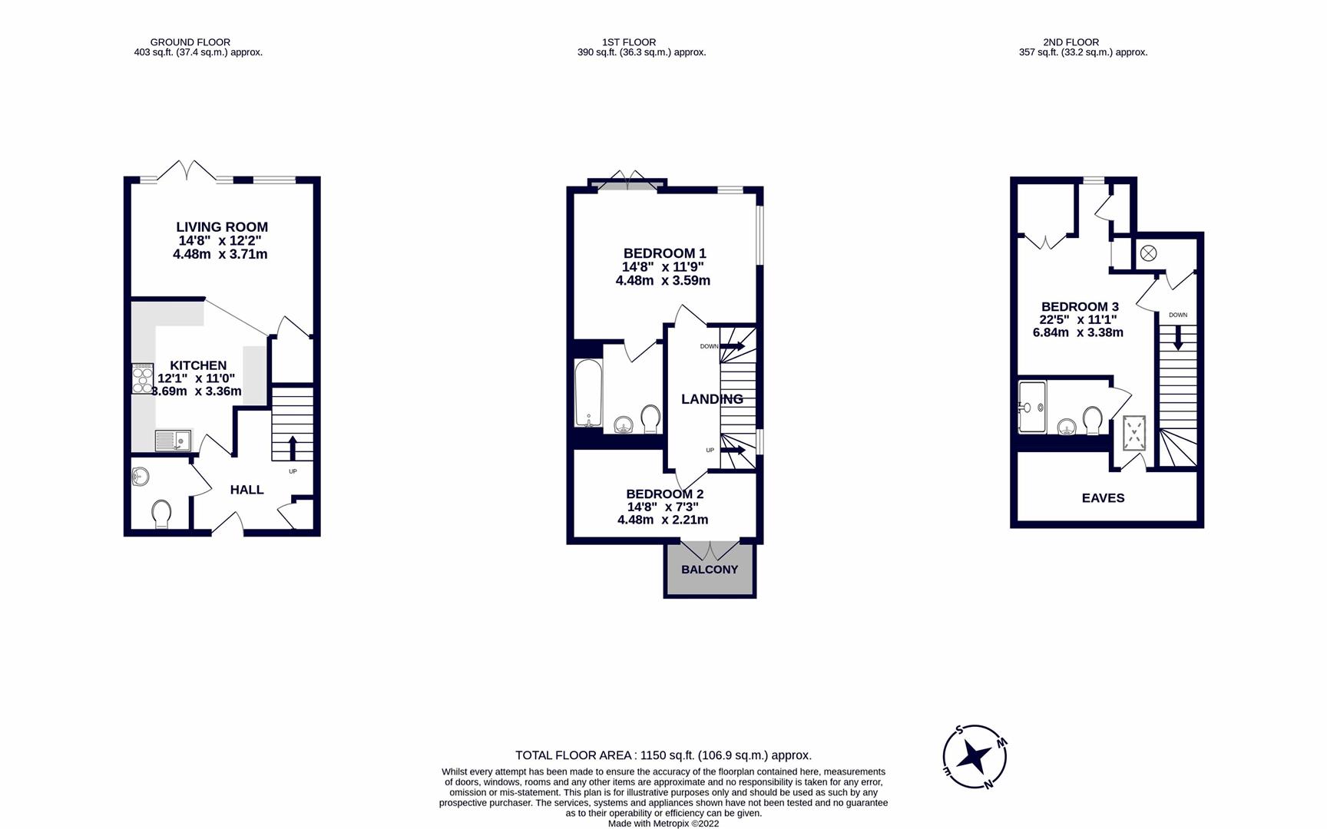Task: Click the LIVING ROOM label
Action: click(x=222, y=227)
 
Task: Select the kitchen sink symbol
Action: click(x=173, y=441)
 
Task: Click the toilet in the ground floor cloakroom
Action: click(x=161, y=514)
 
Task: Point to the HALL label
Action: click(x=247, y=490)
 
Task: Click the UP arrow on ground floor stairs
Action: click(x=292, y=448)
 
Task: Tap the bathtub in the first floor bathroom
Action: click(x=587, y=392)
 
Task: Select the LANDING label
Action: click(x=712, y=399)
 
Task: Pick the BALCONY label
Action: click(x=710, y=570)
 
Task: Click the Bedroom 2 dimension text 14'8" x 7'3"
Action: click(x=663, y=507)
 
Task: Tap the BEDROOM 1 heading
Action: click(x=664, y=253)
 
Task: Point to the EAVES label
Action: click(x=1103, y=498)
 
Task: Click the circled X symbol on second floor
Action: click(x=1148, y=253)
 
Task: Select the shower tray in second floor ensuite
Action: click(x=1032, y=407)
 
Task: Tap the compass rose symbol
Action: click(x=975, y=758)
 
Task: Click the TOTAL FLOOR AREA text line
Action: click(x=663, y=755)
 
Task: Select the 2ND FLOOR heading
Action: click(x=1071, y=42)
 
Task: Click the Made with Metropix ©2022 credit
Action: click(x=663, y=824)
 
